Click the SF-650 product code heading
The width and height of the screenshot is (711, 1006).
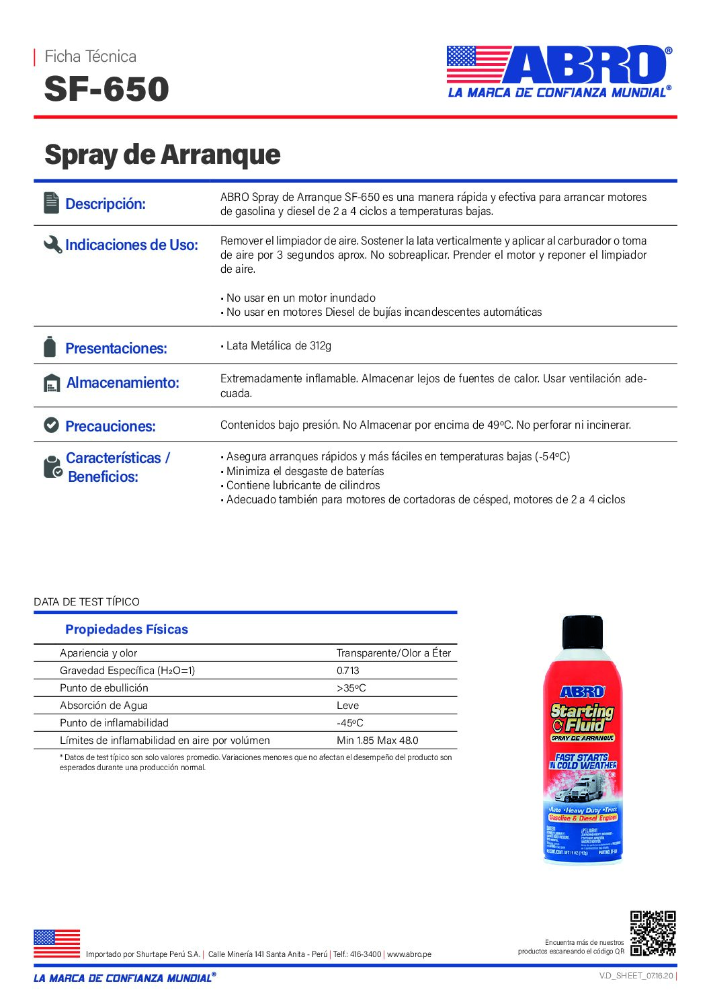click(106, 89)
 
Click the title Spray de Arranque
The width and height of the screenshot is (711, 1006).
click(162, 155)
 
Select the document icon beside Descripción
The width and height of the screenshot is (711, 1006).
click(51, 203)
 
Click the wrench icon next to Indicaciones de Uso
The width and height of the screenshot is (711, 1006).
click(52, 245)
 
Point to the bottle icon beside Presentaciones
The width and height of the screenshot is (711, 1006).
click(50, 347)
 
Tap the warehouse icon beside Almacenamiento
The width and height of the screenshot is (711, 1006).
click(52, 383)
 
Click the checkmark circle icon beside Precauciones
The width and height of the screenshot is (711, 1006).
click(51, 425)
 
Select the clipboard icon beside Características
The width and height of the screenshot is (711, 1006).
click(52, 467)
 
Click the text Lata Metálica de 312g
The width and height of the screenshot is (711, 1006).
click(278, 346)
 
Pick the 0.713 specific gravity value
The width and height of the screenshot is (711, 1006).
click(348, 671)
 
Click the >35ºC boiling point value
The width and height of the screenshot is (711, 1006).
click(351, 688)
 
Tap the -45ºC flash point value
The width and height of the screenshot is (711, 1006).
click(350, 723)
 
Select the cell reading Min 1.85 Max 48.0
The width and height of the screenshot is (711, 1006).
click(377, 741)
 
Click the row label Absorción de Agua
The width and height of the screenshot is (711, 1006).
click(103, 706)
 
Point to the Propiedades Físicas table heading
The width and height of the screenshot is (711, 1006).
click(126, 630)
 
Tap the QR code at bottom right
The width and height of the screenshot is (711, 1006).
click(653, 933)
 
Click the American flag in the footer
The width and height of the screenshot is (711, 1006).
click(57, 944)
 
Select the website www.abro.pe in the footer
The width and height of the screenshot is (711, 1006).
click(409, 954)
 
